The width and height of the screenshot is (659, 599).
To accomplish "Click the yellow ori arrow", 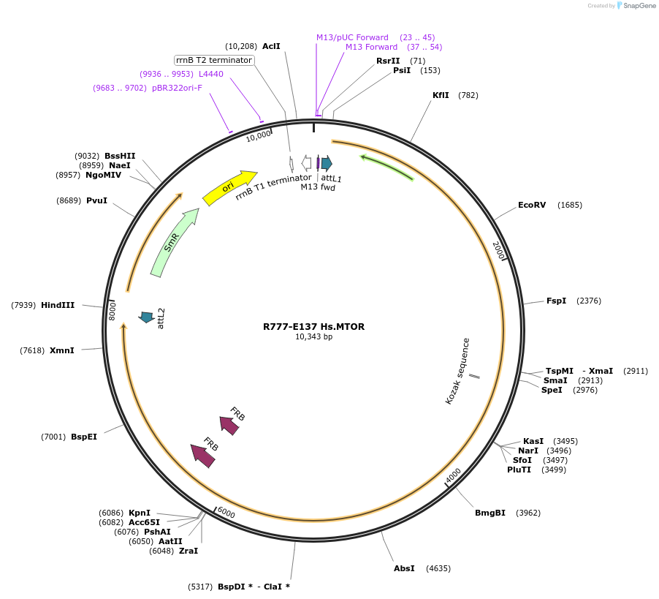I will (229, 188).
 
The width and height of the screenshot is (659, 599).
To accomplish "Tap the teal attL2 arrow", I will (147, 317).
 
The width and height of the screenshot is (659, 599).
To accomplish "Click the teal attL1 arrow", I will (327, 163).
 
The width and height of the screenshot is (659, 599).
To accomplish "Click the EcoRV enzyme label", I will (531, 205).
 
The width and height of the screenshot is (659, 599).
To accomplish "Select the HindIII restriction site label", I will (58, 305).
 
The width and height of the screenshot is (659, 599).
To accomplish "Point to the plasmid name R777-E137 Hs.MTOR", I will (313, 327).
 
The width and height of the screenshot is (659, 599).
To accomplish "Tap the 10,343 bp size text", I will (313, 337).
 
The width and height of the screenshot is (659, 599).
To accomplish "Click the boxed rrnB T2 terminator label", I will (214, 60).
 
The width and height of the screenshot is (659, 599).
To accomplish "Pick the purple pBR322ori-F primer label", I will (177, 88).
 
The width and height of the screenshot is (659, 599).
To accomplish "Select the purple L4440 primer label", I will (211, 74).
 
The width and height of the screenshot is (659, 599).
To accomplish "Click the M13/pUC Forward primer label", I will (352, 37).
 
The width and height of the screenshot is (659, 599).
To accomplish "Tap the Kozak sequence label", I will (458, 371).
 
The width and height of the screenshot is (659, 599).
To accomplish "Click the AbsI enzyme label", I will (404, 568).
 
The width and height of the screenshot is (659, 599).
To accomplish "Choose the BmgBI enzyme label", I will (490, 513).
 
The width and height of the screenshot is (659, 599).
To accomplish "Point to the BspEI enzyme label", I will (84, 437).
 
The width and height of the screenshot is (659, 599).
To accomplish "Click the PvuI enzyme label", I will (96, 200).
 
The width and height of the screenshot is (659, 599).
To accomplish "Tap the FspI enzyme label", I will (556, 301).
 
